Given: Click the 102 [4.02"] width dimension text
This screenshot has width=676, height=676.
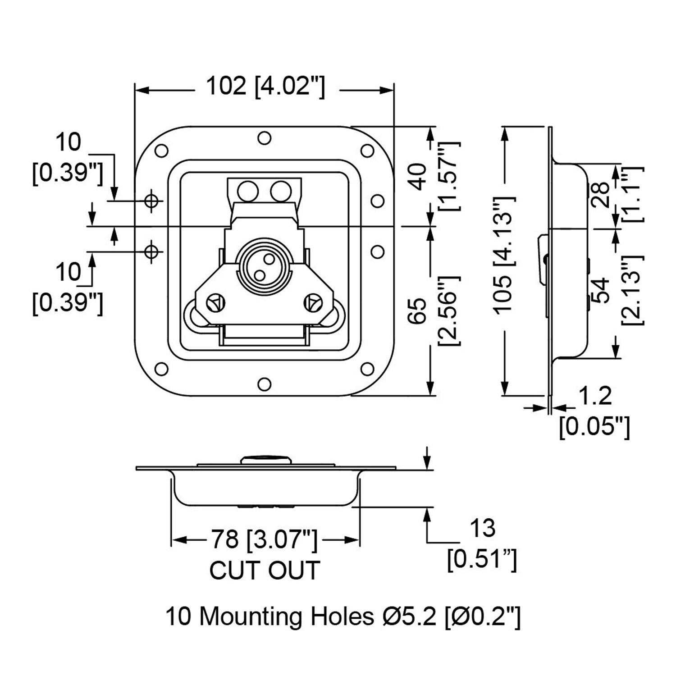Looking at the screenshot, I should click(x=265, y=87).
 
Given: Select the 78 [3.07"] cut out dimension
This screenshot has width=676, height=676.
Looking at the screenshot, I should click(x=265, y=539).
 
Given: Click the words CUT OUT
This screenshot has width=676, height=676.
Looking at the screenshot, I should click(x=265, y=570).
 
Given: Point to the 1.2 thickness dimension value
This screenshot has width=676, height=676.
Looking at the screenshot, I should click(x=594, y=396).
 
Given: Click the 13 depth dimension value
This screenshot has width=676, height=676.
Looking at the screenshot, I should click(x=482, y=528).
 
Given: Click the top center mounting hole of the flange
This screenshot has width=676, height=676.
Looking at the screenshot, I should click(x=265, y=138).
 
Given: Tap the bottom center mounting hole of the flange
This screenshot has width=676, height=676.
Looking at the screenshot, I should click(x=265, y=384).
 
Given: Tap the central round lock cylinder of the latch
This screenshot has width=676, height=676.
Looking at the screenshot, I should click(x=264, y=267).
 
